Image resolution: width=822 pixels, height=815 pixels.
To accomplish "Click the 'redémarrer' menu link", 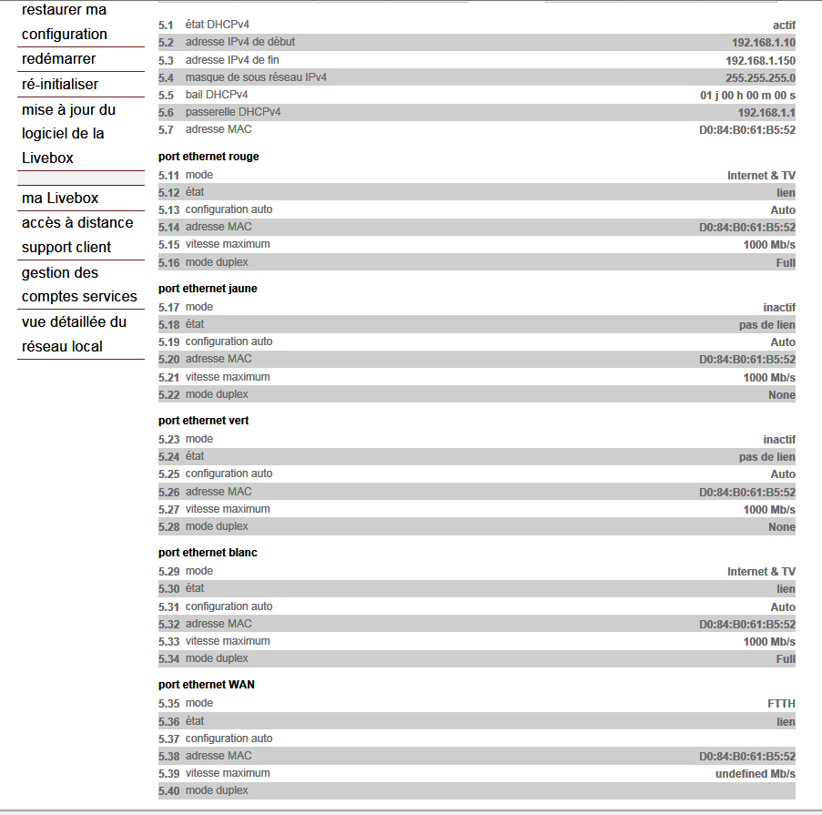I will (59, 59).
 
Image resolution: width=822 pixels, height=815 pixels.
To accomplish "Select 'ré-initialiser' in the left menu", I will (60, 85).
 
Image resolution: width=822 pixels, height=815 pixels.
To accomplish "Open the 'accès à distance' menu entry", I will (77, 223).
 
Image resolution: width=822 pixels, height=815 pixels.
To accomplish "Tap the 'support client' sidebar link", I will (66, 248).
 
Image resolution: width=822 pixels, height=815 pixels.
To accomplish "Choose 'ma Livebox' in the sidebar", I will (60, 199).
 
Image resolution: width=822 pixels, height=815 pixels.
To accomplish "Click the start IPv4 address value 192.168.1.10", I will (763, 43).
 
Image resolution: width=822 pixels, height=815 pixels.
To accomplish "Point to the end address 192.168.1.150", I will (760, 61).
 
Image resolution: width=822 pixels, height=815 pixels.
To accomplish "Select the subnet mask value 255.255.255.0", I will (760, 78).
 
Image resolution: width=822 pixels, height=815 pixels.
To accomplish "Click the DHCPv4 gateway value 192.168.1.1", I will (766, 113).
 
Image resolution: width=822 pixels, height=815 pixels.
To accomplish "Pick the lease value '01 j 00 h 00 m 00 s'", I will (747, 96).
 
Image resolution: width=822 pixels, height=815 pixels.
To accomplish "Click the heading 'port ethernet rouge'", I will (208, 157).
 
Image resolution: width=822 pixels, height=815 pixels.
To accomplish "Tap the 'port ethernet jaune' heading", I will (208, 289).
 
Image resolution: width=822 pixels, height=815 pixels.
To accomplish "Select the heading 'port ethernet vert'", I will (203, 421).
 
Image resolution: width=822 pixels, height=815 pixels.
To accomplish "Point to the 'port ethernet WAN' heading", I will (206, 685).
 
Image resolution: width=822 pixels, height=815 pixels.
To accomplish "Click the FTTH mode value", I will (781, 704).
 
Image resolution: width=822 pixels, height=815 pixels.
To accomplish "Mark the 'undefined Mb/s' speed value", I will (755, 774).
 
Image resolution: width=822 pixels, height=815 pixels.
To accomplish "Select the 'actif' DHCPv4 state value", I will (784, 25).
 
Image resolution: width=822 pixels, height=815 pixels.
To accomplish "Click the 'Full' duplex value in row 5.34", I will (785, 659).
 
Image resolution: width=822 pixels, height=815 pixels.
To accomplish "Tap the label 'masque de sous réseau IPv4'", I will (256, 78).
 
